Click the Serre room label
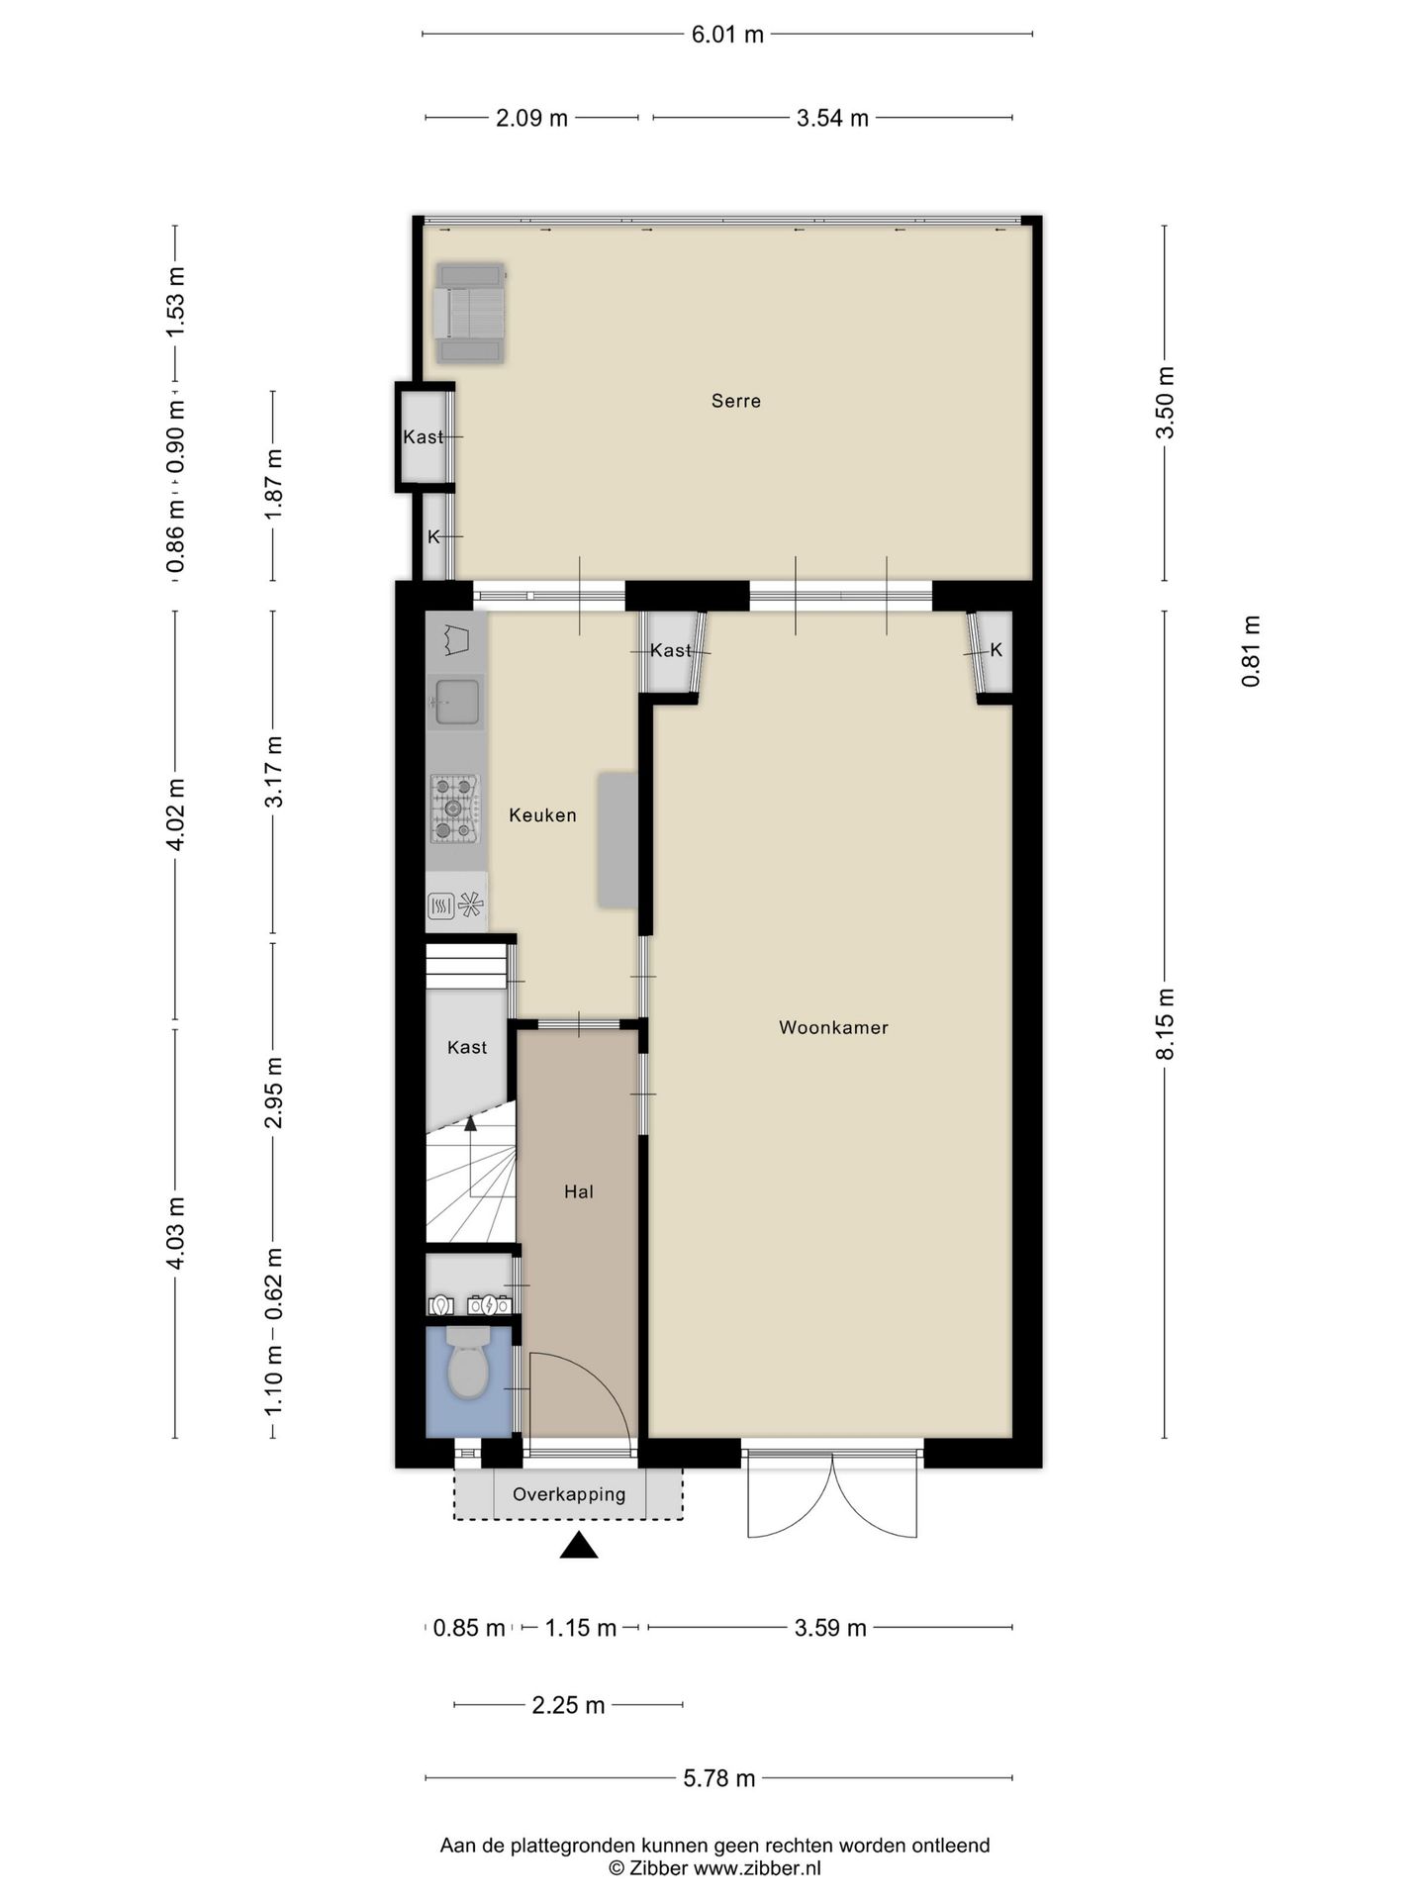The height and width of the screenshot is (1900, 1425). click(736, 401)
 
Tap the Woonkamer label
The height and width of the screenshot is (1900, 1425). click(833, 1027)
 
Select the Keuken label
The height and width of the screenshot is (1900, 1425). click(542, 815)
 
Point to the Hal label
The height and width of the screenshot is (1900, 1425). click(579, 1191)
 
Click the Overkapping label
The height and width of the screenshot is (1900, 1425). click(569, 1494)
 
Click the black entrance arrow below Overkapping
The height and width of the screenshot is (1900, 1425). click(579, 1545)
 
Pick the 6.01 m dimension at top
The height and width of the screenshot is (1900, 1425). click(727, 35)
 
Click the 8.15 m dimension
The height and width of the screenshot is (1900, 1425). click(1166, 1023)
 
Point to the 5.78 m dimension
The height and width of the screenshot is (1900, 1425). click(719, 1778)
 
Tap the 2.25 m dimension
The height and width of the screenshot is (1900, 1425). click(568, 1705)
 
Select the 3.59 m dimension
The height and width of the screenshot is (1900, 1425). click(830, 1628)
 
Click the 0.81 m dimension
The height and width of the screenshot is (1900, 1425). click(1252, 651)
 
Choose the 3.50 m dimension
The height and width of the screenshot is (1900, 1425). click(1166, 402)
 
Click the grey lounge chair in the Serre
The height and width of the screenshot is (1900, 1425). click(471, 313)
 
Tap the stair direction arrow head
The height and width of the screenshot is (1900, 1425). click(470, 1122)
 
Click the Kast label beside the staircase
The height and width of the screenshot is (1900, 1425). click(467, 1047)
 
